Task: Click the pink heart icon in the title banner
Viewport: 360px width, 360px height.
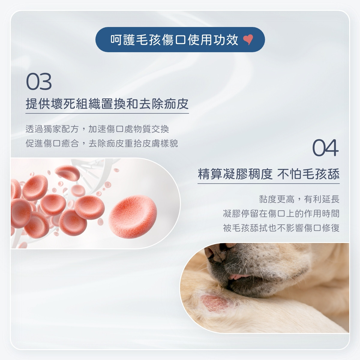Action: point(248,39)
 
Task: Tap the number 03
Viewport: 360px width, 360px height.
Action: point(39,82)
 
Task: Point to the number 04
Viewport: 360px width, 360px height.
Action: point(325,148)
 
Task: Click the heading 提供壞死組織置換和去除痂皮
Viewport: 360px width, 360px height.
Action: point(107,104)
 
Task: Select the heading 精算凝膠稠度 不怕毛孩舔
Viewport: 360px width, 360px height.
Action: point(268,174)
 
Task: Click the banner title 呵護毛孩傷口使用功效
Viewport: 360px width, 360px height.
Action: point(174,40)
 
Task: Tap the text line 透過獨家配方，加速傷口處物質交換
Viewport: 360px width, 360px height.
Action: point(97,129)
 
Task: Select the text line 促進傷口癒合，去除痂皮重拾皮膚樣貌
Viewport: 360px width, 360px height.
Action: point(102,143)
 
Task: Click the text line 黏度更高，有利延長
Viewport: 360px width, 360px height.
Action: point(299,199)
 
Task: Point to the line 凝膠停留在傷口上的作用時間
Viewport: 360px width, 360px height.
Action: point(281,214)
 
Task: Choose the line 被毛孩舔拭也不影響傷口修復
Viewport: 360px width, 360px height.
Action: point(281,228)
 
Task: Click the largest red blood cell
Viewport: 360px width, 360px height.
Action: point(133,216)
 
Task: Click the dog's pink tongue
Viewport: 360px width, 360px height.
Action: point(238,277)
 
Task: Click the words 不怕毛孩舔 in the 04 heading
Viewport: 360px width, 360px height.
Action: point(308,174)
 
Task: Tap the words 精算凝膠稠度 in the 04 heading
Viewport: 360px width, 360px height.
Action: point(235,174)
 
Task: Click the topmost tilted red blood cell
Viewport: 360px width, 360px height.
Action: point(67,173)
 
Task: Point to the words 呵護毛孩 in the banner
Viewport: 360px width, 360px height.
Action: point(135,40)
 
